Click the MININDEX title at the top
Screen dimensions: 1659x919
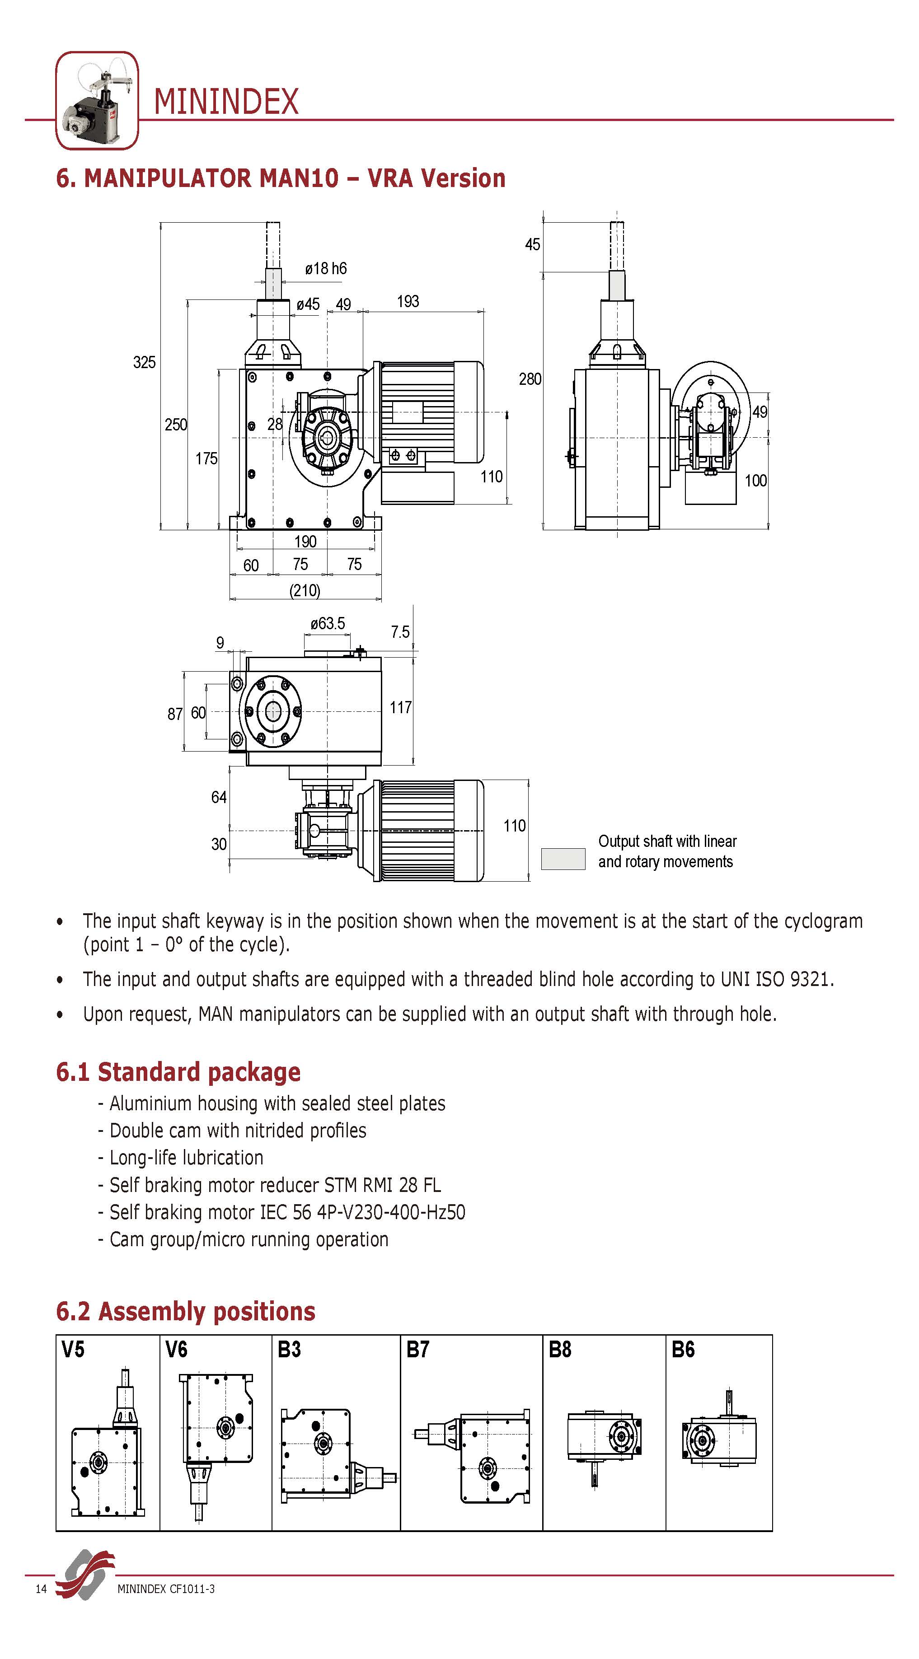click(x=226, y=102)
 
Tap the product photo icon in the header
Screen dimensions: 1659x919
click(x=97, y=100)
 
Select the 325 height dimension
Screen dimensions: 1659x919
click(x=144, y=363)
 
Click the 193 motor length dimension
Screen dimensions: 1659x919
click(x=408, y=301)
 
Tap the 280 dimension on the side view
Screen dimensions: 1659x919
click(x=530, y=379)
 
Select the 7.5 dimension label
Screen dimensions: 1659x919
click(x=400, y=632)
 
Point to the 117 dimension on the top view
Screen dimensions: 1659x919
click(x=400, y=708)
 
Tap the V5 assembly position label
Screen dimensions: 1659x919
click(x=73, y=1349)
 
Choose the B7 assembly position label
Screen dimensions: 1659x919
click(x=417, y=1349)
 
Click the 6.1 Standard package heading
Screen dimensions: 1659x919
click(x=178, y=1072)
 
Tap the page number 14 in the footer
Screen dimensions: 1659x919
click(x=41, y=1589)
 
